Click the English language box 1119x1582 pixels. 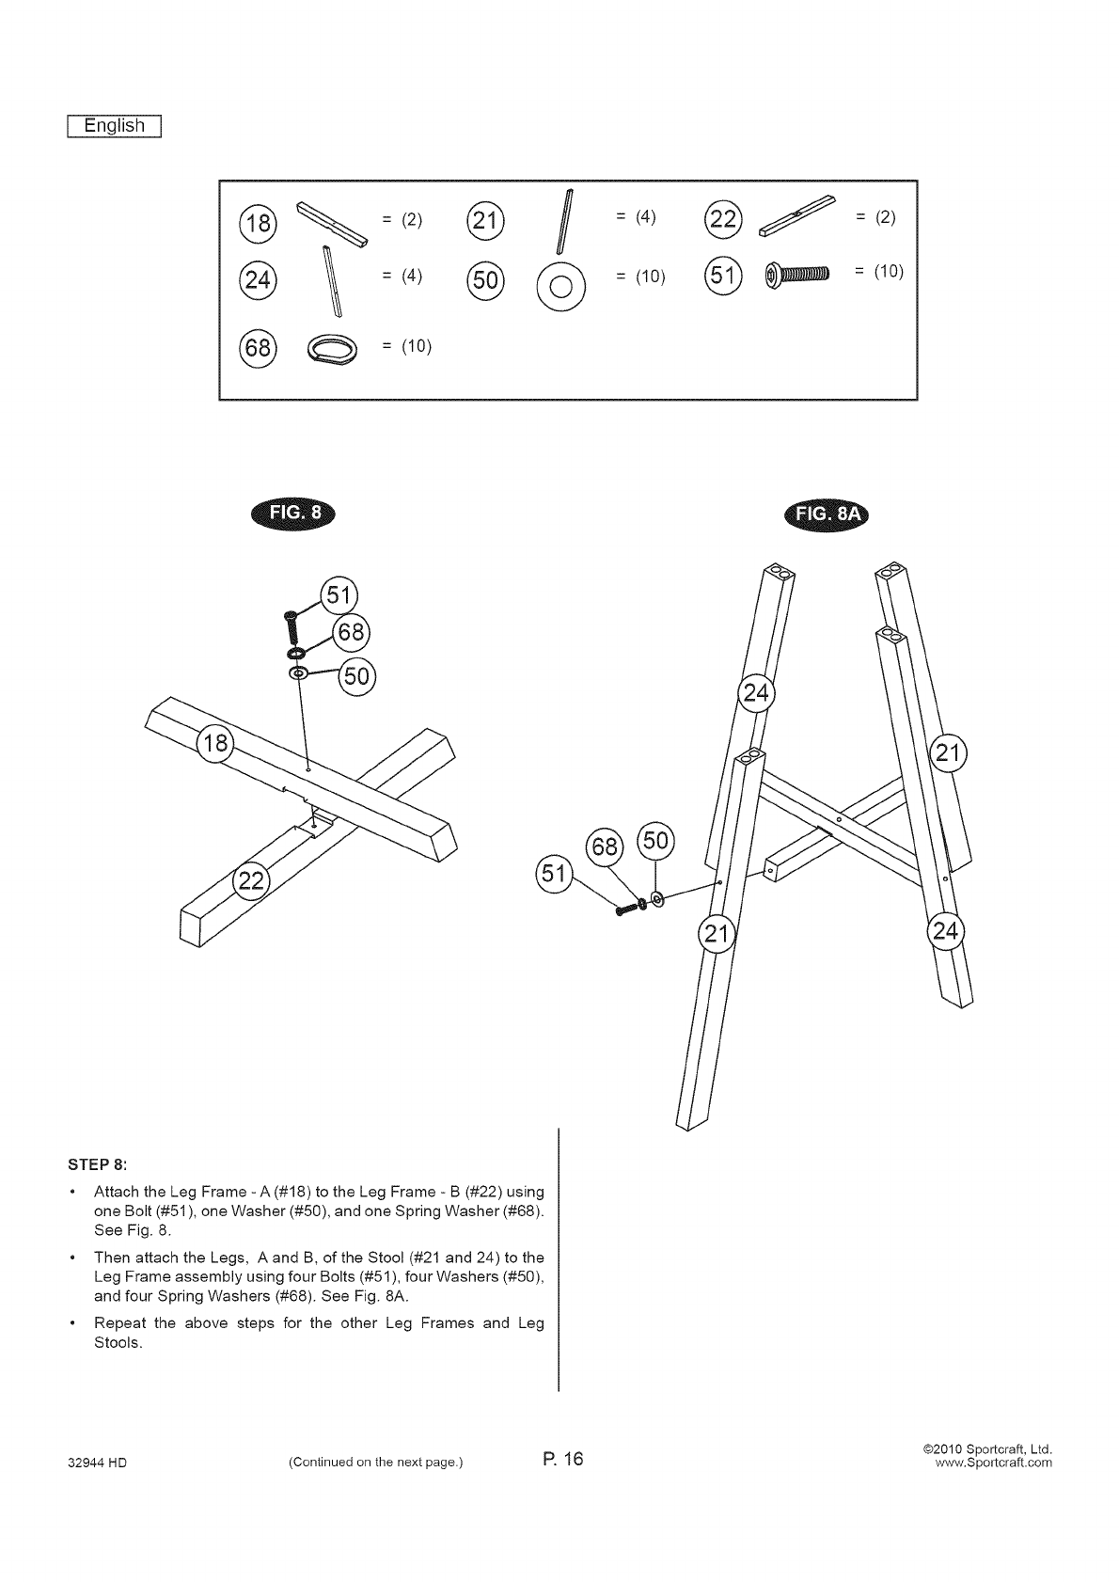115,126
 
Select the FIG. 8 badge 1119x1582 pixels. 294,513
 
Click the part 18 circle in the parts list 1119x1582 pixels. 259,223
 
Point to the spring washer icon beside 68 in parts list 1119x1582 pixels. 332,349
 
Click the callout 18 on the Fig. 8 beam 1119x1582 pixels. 213,744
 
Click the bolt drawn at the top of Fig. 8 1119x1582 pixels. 291,624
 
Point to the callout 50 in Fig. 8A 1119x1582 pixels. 655,840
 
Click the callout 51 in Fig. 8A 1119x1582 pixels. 553,874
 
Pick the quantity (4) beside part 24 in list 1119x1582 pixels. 402,276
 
